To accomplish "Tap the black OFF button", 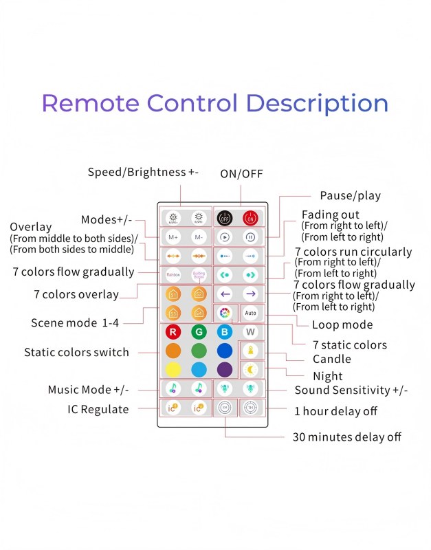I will pos(225,218).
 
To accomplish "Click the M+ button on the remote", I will pos(173,237).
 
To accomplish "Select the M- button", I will pos(199,237).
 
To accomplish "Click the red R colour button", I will pos(173,332).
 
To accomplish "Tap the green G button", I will pos(199,332).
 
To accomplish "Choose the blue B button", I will pos(225,332).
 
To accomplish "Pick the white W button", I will pos(250,332).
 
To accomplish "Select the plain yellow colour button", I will pos(173,369).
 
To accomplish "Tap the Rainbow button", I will pos(173,275).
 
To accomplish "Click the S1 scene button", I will pos(173,294).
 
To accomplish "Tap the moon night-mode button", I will pos(250,369).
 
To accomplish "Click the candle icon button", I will pos(250,350).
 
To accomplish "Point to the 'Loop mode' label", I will pos(342,324).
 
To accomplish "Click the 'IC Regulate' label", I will pos(99,410).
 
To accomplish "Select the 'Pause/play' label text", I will pos(350,196).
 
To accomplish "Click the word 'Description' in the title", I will pos(317,103).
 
